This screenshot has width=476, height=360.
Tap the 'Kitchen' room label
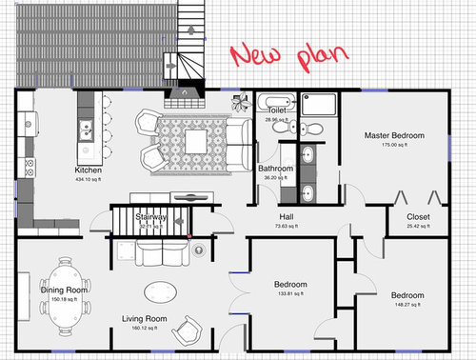(89, 171)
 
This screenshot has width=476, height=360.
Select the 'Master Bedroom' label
(393, 136)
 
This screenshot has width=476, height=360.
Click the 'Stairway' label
(150, 217)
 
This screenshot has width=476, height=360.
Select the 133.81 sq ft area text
(290, 294)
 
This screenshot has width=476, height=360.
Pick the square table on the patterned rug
(196, 141)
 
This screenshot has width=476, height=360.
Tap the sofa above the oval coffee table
(161, 253)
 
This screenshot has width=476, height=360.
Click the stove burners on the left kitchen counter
(28, 170)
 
